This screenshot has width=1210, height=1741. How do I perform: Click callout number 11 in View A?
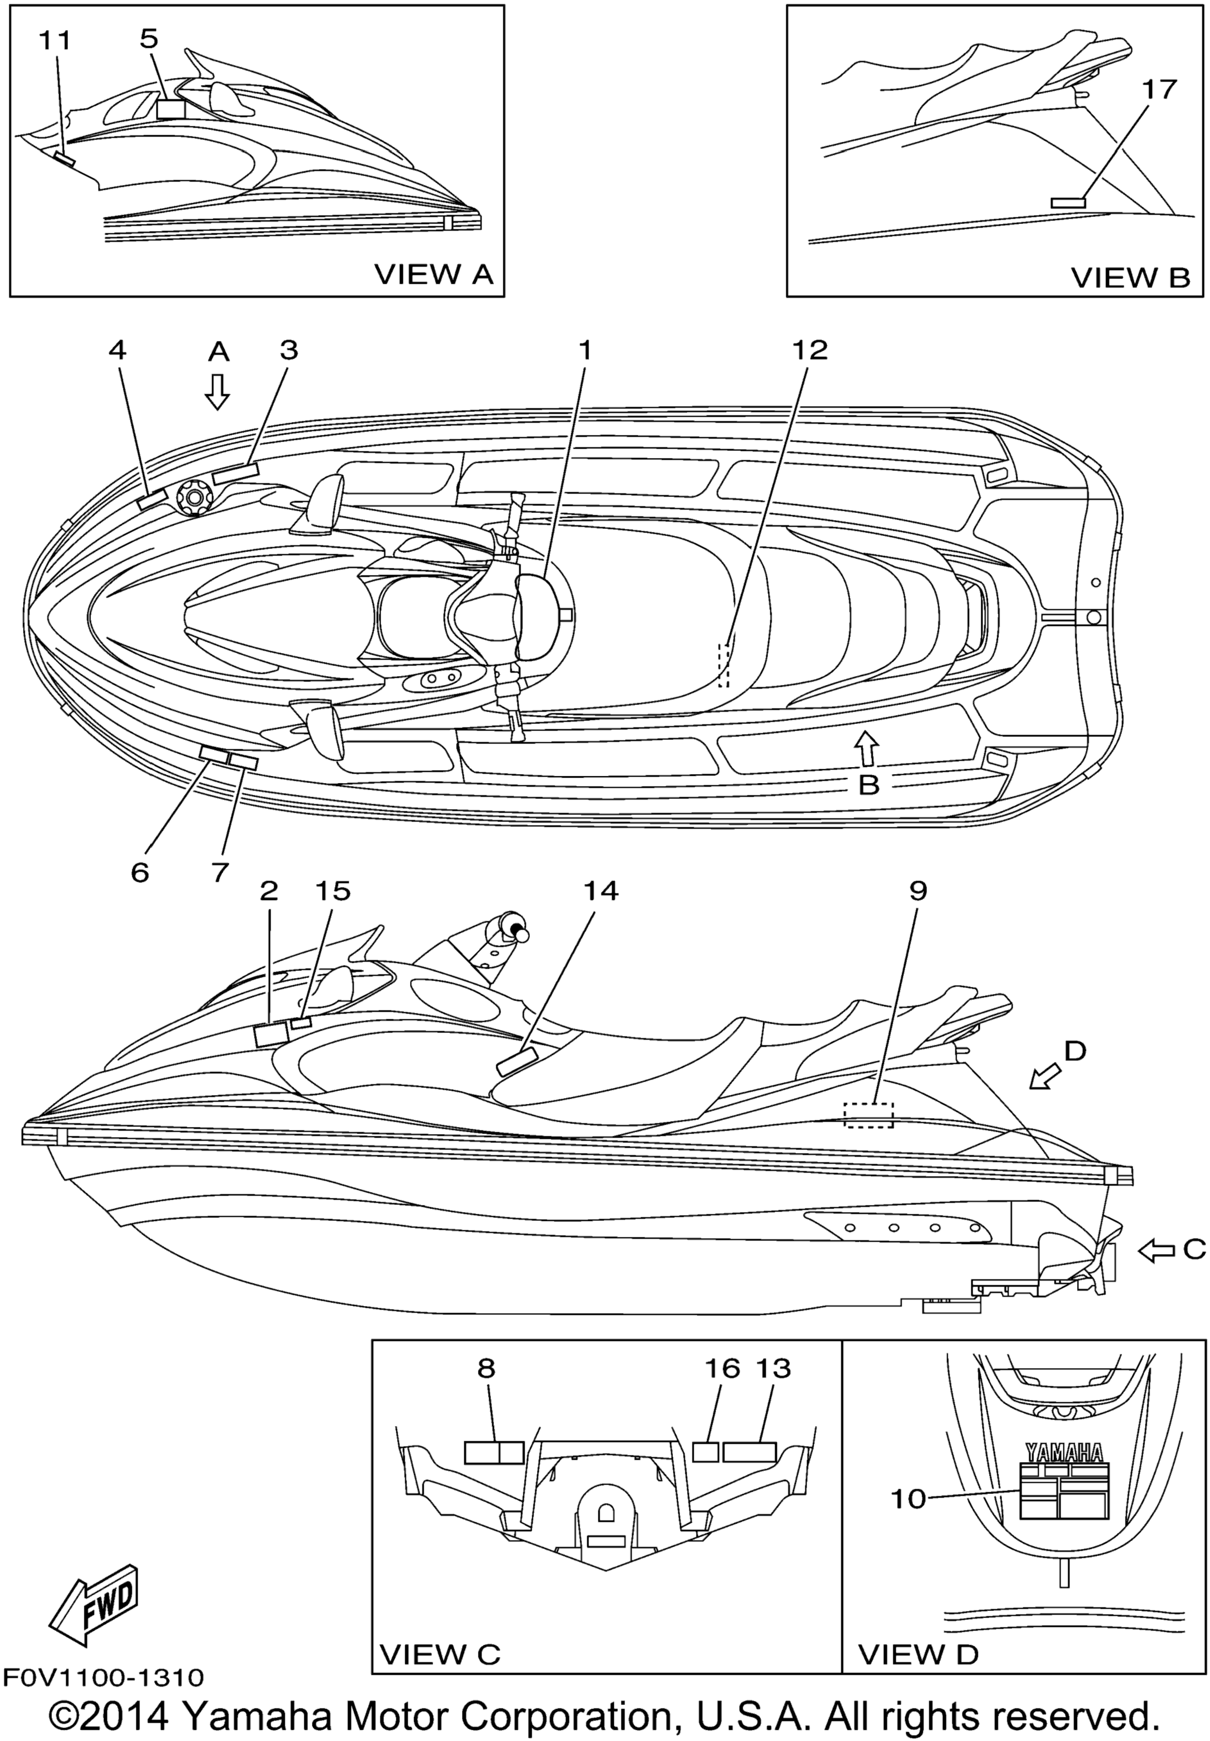[x=54, y=40]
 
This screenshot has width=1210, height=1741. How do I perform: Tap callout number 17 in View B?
[x=1159, y=89]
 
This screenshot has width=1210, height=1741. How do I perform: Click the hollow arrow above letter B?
[x=867, y=748]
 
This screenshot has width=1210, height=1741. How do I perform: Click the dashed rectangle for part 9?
[x=870, y=1115]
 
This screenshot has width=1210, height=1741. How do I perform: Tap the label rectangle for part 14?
[x=517, y=1061]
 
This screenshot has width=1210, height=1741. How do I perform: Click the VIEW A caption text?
[x=434, y=274]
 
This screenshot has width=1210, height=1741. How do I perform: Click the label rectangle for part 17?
[x=1068, y=203]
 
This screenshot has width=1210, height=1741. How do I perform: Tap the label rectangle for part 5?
[x=171, y=108]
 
